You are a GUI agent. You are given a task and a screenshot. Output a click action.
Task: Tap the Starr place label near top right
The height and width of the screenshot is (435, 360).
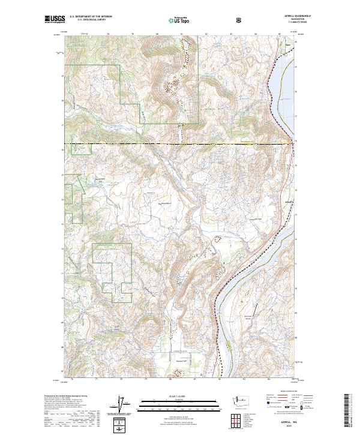click(x=287, y=43)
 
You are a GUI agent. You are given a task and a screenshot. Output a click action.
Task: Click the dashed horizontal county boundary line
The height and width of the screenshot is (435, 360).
click(x=180, y=144)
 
